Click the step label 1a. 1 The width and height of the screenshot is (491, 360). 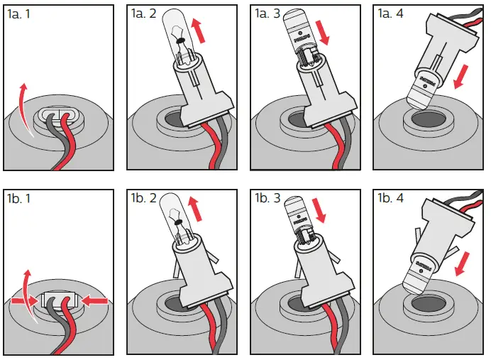pyautogui.click(x=22, y=15)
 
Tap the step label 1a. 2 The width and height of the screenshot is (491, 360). pyautogui.click(x=146, y=14)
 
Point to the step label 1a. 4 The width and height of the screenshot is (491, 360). pyautogui.click(x=393, y=15)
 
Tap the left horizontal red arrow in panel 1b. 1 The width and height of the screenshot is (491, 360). pyautogui.click(x=23, y=301)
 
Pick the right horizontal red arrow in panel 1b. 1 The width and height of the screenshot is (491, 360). pyautogui.click(x=95, y=301)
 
